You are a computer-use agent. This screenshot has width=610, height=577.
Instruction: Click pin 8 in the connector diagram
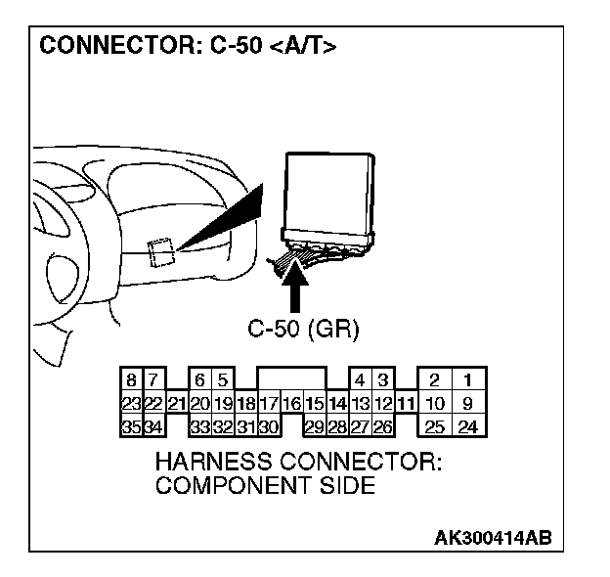tap(131, 379)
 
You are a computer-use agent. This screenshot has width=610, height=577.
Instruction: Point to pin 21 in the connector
tap(176, 403)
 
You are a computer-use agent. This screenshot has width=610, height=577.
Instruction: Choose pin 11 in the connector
tap(406, 403)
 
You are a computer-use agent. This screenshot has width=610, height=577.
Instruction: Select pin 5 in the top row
tap(222, 379)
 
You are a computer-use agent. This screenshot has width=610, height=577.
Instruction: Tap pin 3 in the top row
tap(382, 379)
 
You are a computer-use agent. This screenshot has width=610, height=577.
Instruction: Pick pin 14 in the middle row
tap(337, 403)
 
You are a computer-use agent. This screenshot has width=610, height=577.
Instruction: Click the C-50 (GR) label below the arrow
tap(304, 330)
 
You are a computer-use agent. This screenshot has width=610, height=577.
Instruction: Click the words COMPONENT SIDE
tap(265, 485)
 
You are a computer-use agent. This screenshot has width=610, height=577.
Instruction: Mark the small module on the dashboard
tap(160, 251)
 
